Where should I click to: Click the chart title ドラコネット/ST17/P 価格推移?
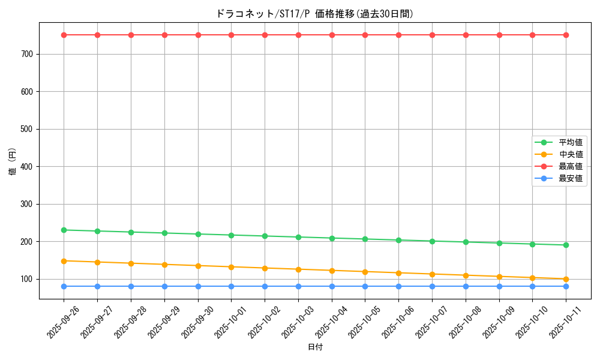click(x=314, y=14)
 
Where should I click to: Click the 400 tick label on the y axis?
click(x=28, y=167)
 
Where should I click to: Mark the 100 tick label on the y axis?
click(x=28, y=279)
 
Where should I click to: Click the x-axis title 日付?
click(x=315, y=347)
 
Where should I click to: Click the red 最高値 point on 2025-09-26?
click(x=64, y=35)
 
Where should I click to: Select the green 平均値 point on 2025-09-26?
click(x=64, y=230)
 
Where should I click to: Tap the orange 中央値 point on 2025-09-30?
click(x=198, y=265)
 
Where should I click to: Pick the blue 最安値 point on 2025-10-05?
click(x=365, y=286)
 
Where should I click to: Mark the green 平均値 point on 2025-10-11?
click(x=566, y=245)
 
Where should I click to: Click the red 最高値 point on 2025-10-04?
click(x=332, y=35)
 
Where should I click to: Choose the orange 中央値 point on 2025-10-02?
click(x=265, y=268)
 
